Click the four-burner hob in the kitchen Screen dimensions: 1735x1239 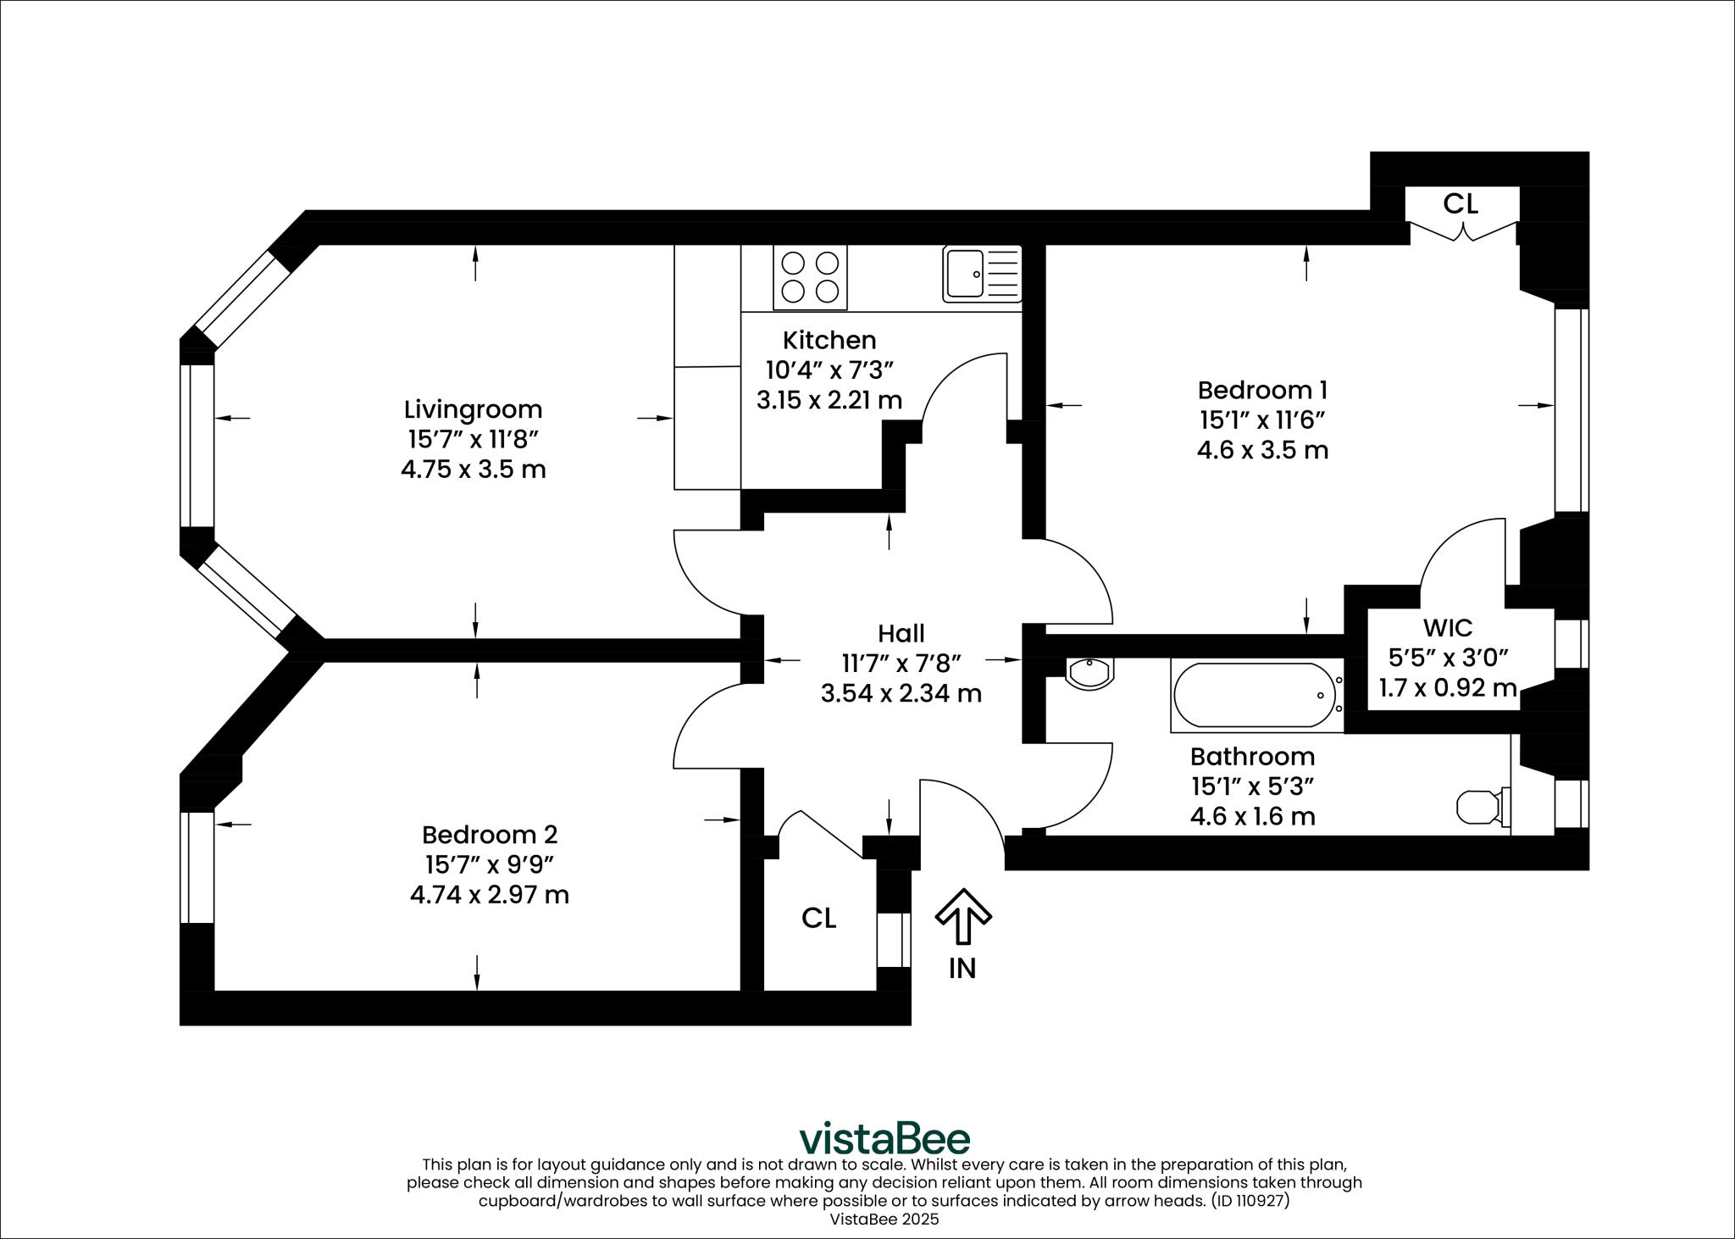pyautogui.click(x=810, y=278)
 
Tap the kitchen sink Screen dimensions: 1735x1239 pyautogui.click(x=982, y=275)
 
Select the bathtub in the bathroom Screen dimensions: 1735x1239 pyautogui.click(x=1256, y=696)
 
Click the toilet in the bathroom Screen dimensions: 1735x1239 pyautogui.click(x=1483, y=807)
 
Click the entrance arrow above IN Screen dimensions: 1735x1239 pyautogui.click(x=962, y=916)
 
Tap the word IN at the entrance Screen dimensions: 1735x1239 pyautogui.click(x=962, y=968)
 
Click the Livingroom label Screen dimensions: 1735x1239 pyautogui.click(x=473, y=409)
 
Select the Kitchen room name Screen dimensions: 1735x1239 pyautogui.click(x=829, y=340)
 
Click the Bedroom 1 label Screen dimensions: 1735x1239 pyautogui.click(x=1262, y=390)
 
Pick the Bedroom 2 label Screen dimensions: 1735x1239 pyautogui.click(x=490, y=835)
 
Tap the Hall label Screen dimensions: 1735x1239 pyautogui.click(x=901, y=633)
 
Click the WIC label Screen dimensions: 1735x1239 pyautogui.click(x=1448, y=628)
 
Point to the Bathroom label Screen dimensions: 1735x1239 pyautogui.click(x=1253, y=756)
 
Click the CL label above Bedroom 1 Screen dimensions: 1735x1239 pyautogui.click(x=1461, y=203)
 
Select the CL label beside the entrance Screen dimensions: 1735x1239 pyautogui.click(x=819, y=918)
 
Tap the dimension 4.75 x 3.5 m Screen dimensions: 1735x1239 pyautogui.click(x=474, y=469)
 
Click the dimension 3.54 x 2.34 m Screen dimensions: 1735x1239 pyautogui.click(x=901, y=693)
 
